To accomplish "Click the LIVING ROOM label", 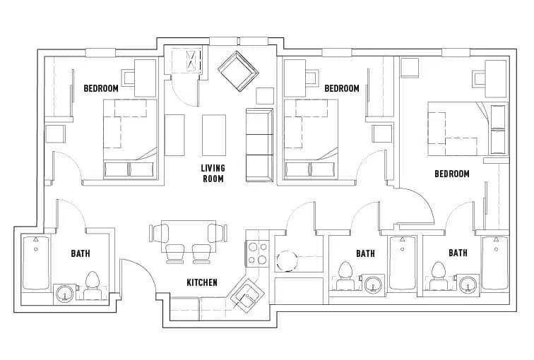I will point(212,173).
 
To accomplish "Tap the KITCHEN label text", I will point(201,282).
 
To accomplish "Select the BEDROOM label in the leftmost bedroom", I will point(101,88).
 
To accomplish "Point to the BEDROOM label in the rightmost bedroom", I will point(451,174).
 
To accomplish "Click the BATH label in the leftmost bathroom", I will point(80,253).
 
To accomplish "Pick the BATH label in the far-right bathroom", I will point(458,253).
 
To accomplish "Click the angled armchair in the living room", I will point(238,70).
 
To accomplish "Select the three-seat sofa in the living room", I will point(259,144).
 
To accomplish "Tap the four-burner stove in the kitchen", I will point(256,253).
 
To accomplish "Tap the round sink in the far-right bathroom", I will point(466,285).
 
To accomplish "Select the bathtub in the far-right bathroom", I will point(495,263).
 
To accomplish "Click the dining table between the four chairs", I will point(188,232).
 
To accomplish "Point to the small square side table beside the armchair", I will point(265,95).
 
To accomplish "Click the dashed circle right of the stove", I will point(288,260).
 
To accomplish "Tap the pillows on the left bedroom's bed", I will point(129,169).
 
